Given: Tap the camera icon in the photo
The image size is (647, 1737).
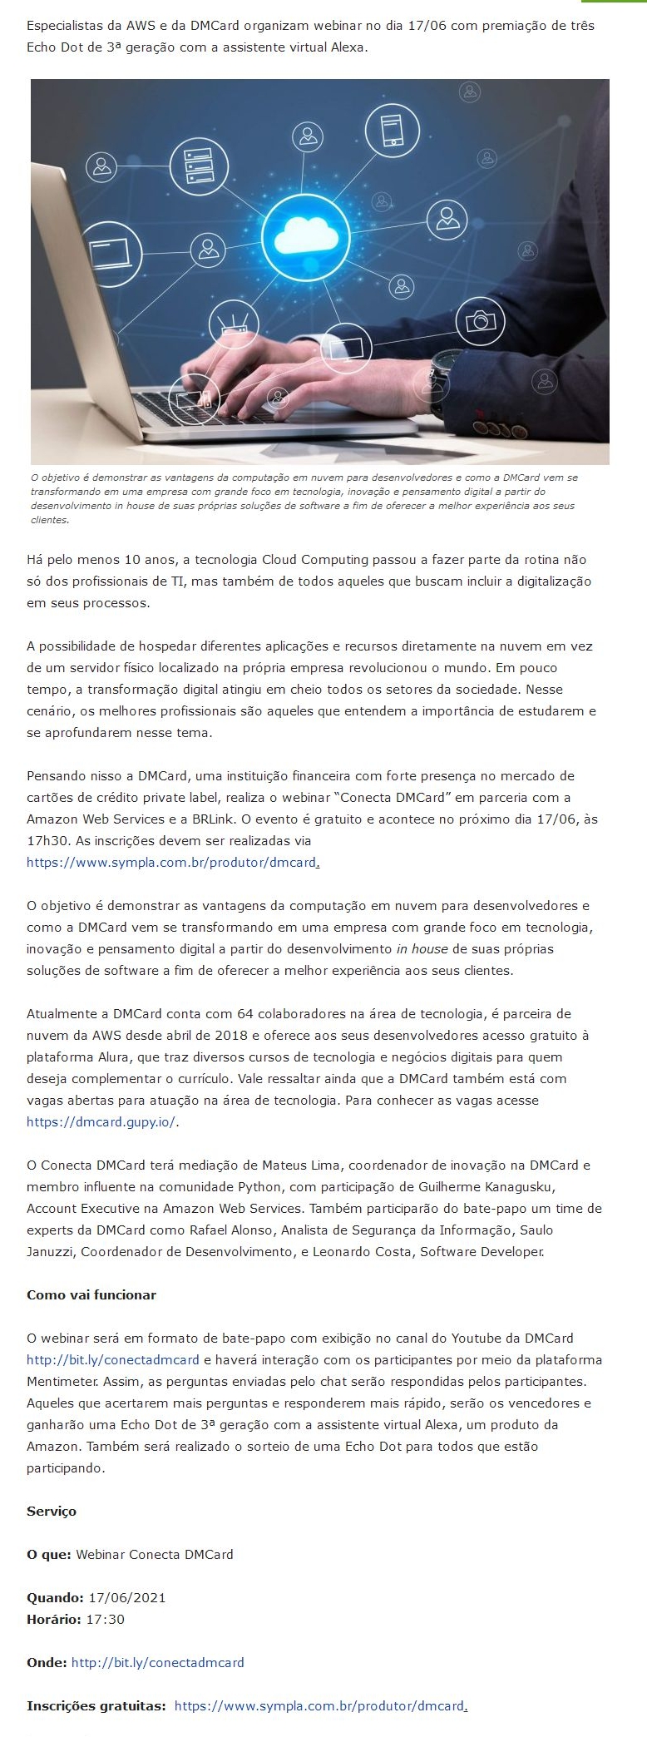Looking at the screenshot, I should [x=480, y=320].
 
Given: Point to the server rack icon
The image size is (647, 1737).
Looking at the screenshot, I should [x=199, y=166].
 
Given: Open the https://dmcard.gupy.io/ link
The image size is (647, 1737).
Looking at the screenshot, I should [x=101, y=1122].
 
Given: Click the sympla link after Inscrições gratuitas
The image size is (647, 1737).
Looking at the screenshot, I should [x=319, y=1706].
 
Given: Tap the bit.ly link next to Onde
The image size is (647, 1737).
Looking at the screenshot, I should [x=158, y=1663].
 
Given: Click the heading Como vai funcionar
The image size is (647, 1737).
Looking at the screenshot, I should [x=91, y=1295].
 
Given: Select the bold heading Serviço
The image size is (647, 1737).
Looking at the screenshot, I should [x=52, y=1512].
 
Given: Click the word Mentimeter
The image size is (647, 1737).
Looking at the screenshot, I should [x=63, y=1382].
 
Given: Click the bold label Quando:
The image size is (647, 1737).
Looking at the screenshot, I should [x=55, y=1598].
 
